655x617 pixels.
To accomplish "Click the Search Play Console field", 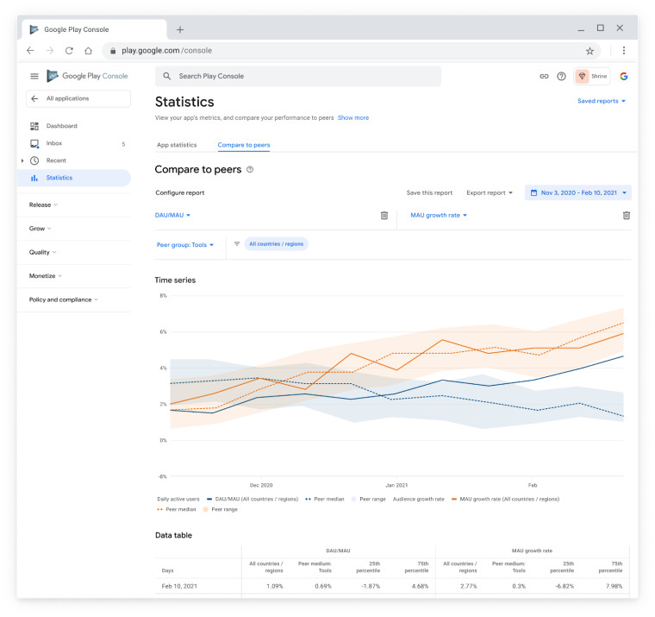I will (x=297, y=76).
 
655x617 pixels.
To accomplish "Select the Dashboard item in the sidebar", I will (x=61, y=126).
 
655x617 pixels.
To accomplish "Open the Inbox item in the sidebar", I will (x=54, y=143).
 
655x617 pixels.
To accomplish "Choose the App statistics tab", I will (x=177, y=145).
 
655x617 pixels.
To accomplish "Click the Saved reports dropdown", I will (x=602, y=101).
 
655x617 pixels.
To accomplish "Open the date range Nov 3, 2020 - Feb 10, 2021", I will (x=578, y=192).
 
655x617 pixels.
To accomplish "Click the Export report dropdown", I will (x=490, y=192).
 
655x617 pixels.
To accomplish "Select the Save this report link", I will (x=429, y=192).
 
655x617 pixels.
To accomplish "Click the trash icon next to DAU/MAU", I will (x=384, y=215).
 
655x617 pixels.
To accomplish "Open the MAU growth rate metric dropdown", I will (x=439, y=215).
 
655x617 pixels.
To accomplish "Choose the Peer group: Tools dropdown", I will (x=184, y=244).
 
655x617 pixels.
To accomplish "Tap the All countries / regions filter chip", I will (x=277, y=244).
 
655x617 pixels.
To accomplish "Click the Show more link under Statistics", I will (x=353, y=117).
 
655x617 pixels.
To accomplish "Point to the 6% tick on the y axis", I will (x=162, y=332).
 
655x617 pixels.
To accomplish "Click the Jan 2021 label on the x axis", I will (x=396, y=485).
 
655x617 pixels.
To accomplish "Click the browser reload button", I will (x=69, y=51).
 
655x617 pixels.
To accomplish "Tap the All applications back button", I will (x=78, y=98).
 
